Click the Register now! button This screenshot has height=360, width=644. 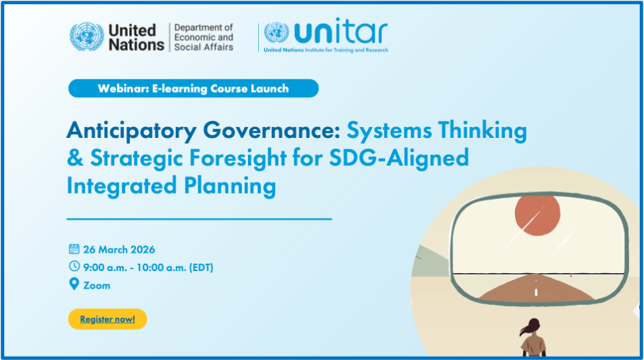pos(107,319)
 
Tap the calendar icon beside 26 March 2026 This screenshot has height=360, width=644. pos(74,249)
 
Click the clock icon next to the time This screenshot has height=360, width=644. pos(74,267)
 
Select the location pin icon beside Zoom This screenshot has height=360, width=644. pos(74,285)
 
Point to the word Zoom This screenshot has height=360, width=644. pos(96,285)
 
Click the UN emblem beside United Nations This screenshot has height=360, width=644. pos(86,37)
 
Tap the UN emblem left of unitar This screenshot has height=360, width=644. pos(276,32)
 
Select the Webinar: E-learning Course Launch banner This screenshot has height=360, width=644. pos(193,88)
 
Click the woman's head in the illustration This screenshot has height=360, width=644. pos(532,327)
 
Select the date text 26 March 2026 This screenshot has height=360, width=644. pos(119,249)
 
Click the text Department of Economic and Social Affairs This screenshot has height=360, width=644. pos(203,37)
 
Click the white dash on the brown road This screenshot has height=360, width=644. pos(536,292)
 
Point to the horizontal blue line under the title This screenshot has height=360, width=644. pos(199,219)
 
